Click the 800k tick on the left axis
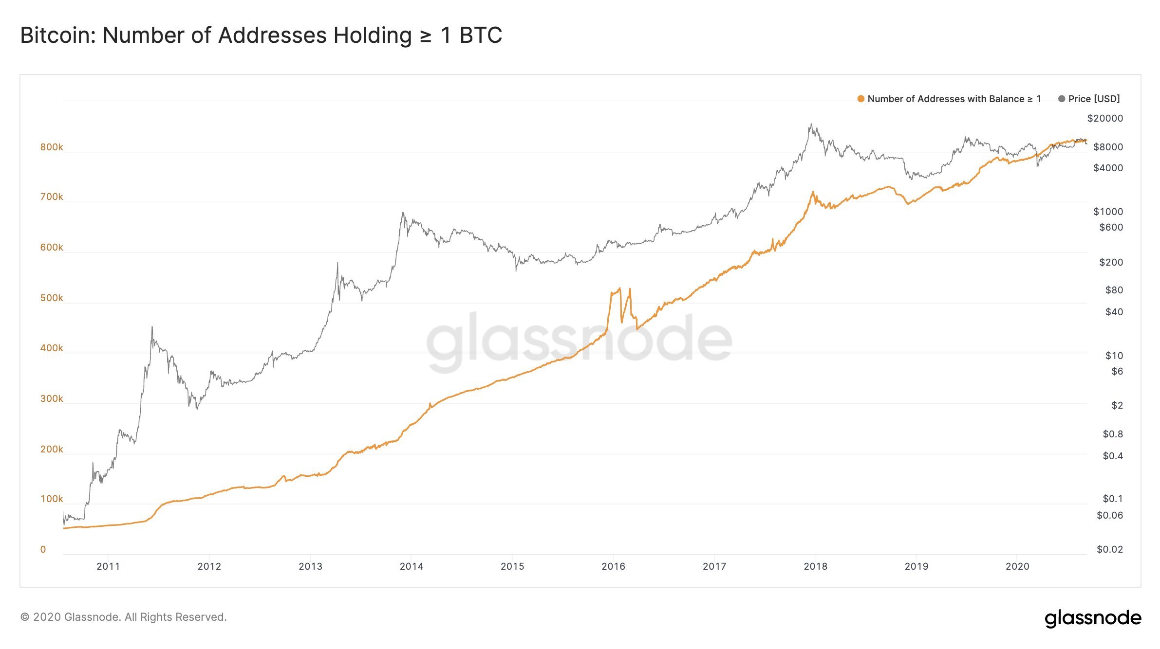(x=52, y=147)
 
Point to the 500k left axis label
(x=52, y=298)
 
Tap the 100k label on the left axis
(x=52, y=499)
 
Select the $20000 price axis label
(x=1105, y=118)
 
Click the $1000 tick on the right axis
(x=1108, y=212)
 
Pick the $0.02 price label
(x=1109, y=549)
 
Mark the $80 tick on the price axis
(x=1114, y=290)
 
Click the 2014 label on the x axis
(x=412, y=566)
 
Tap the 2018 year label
(x=815, y=566)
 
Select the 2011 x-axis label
(x=108, y=566)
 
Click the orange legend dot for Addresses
(x=861, y=99)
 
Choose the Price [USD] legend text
(x=1094, y=99)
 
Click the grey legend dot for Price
(x=1062, y=99)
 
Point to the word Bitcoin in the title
(x=57, y=36)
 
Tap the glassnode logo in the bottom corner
(x=1093, y=618)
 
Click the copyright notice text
(x=124, y=617)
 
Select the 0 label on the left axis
(x=43, y=549)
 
